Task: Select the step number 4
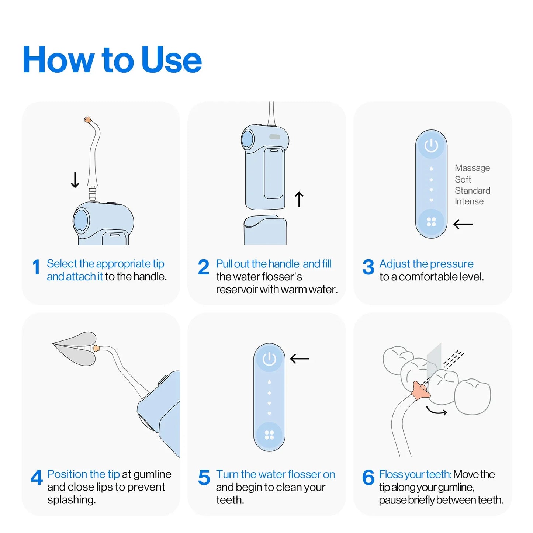click(x=37, y=478)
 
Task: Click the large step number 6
click(x=368, y=478)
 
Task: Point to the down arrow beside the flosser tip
click(x=75, y=180)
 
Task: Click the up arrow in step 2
click(x=299, y=199)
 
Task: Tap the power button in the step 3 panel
click(x=431, y=146)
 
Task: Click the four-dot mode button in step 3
click(x=431, y=222)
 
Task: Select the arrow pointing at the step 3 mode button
click(x=463, y=224)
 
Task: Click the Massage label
click(x=472, y=168)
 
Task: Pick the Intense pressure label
click(x=469, y=201)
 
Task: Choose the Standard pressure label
click(x=472, y=191)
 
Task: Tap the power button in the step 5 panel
click(x=269, y=359)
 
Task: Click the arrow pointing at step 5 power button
click(x=300, y=359)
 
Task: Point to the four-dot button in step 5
click(x=269, y=435)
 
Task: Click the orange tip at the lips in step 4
click(x=96, y=348)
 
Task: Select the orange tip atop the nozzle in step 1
click(x=88, y=120)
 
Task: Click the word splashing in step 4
click(x=72, y=500)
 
